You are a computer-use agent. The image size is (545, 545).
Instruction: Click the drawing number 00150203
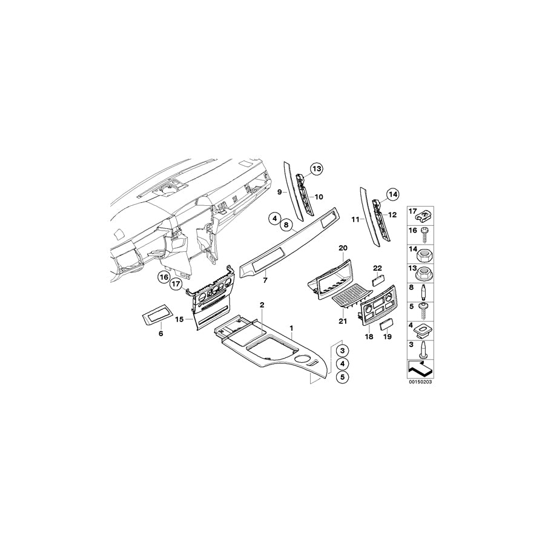[x=421, y=383]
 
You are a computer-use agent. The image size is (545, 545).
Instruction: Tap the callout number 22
[x=377, y=268]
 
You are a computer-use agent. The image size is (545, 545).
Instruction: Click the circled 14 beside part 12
[x=392, y=195]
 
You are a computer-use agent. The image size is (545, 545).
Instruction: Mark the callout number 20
[x=343, y=248]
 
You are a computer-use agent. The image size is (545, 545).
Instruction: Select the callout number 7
[x=263, y=282]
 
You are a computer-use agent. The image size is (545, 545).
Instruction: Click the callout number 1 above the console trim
[x=291, y=328]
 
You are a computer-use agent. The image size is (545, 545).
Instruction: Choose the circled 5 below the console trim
[x=343, y=377]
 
